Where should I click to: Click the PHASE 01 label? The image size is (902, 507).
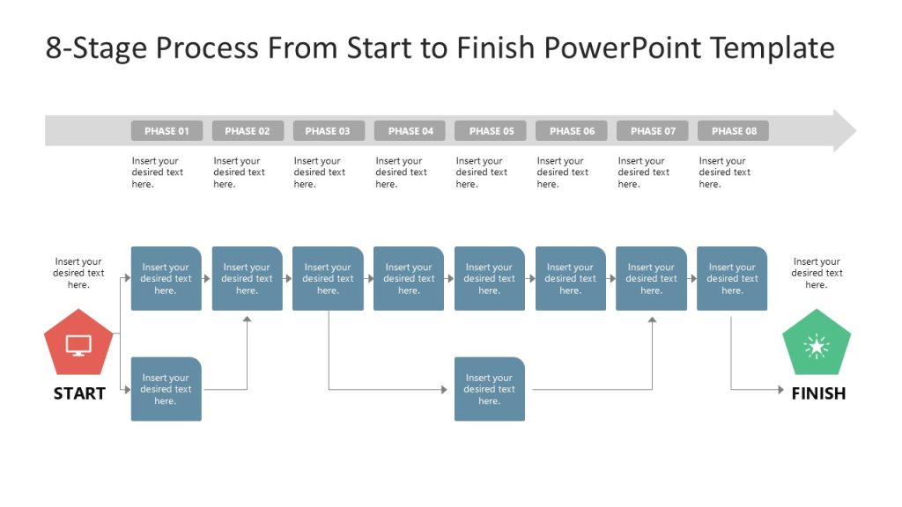166,131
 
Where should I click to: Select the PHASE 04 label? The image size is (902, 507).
410,131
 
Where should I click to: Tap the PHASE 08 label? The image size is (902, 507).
733,131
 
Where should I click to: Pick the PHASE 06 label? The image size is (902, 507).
572,131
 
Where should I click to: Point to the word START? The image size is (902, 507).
79,393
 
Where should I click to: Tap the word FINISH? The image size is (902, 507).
818,393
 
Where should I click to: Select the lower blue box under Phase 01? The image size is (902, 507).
166,389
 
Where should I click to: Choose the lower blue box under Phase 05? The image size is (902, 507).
490,389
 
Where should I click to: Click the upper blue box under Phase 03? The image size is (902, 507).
328,279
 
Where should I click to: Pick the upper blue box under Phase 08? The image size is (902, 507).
732,279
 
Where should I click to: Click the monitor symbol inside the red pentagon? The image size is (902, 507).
78,346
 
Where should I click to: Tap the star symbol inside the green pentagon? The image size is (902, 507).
817,347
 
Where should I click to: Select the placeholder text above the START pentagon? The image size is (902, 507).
78,273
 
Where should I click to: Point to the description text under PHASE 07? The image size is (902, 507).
643,173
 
